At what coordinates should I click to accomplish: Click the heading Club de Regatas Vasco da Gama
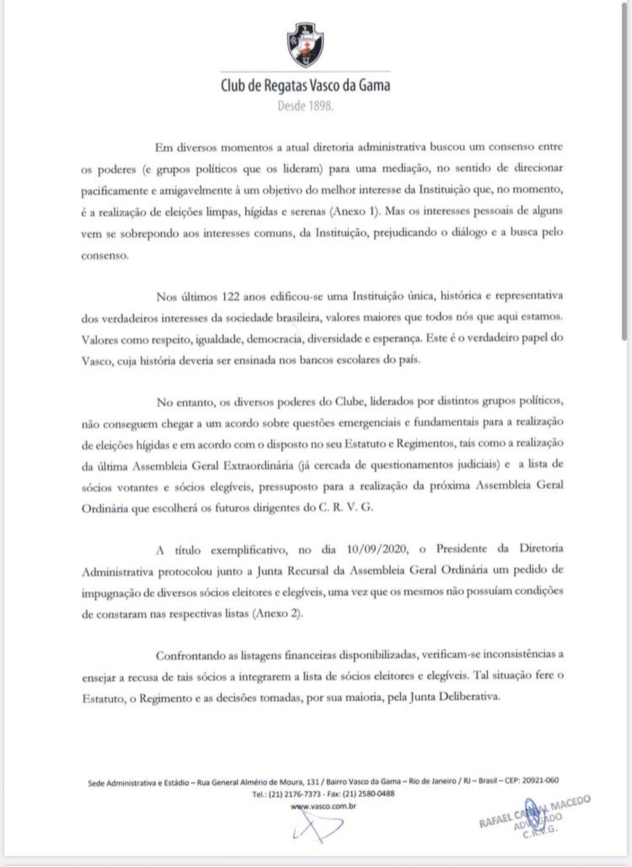tap(305, 85)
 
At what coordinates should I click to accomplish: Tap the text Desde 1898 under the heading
tap(305, 107)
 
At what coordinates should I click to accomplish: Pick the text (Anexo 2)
tap(277, 612)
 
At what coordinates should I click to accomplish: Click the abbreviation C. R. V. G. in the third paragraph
tap(346, 507)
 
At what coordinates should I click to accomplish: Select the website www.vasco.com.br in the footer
tap(323, 806)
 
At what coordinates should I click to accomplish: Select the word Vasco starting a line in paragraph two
tap(97, 360)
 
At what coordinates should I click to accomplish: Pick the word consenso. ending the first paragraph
tap(105, 255)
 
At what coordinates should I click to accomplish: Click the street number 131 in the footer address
tap(313, 782)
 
